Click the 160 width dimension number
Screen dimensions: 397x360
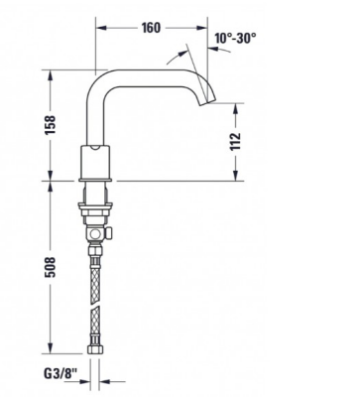150,28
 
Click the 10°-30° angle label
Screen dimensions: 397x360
234,39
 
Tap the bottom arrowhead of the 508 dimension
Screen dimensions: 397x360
46,360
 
